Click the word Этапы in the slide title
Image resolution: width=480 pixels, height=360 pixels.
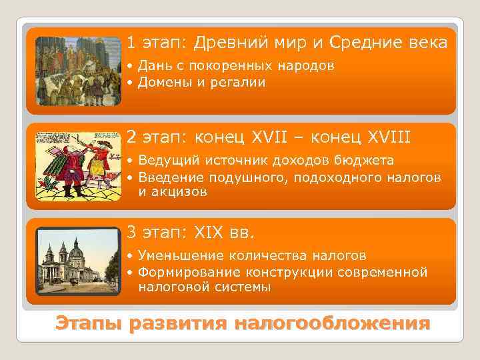pos(89,324)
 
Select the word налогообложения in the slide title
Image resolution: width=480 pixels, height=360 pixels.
pos(331,324)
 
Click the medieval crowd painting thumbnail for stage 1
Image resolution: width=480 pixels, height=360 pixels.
pos(78,71)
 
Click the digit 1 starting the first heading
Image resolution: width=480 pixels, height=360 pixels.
pos(131,43)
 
